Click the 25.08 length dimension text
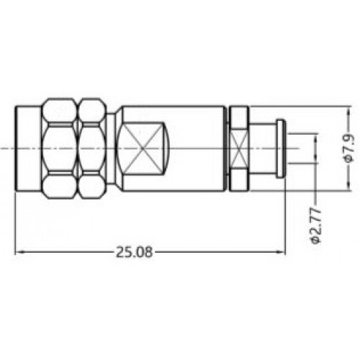click(x=134, y=252)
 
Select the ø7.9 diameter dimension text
click(x=349, y=148)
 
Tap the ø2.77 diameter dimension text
click(x=315, y=226)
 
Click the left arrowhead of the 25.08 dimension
click(x=19, y=252)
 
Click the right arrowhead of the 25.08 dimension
click(x=282, y=252)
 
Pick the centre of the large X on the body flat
click(x=143, y=148)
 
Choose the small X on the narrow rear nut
click(x=238, y=148)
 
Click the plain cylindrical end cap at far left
click(x=28, y=148)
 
